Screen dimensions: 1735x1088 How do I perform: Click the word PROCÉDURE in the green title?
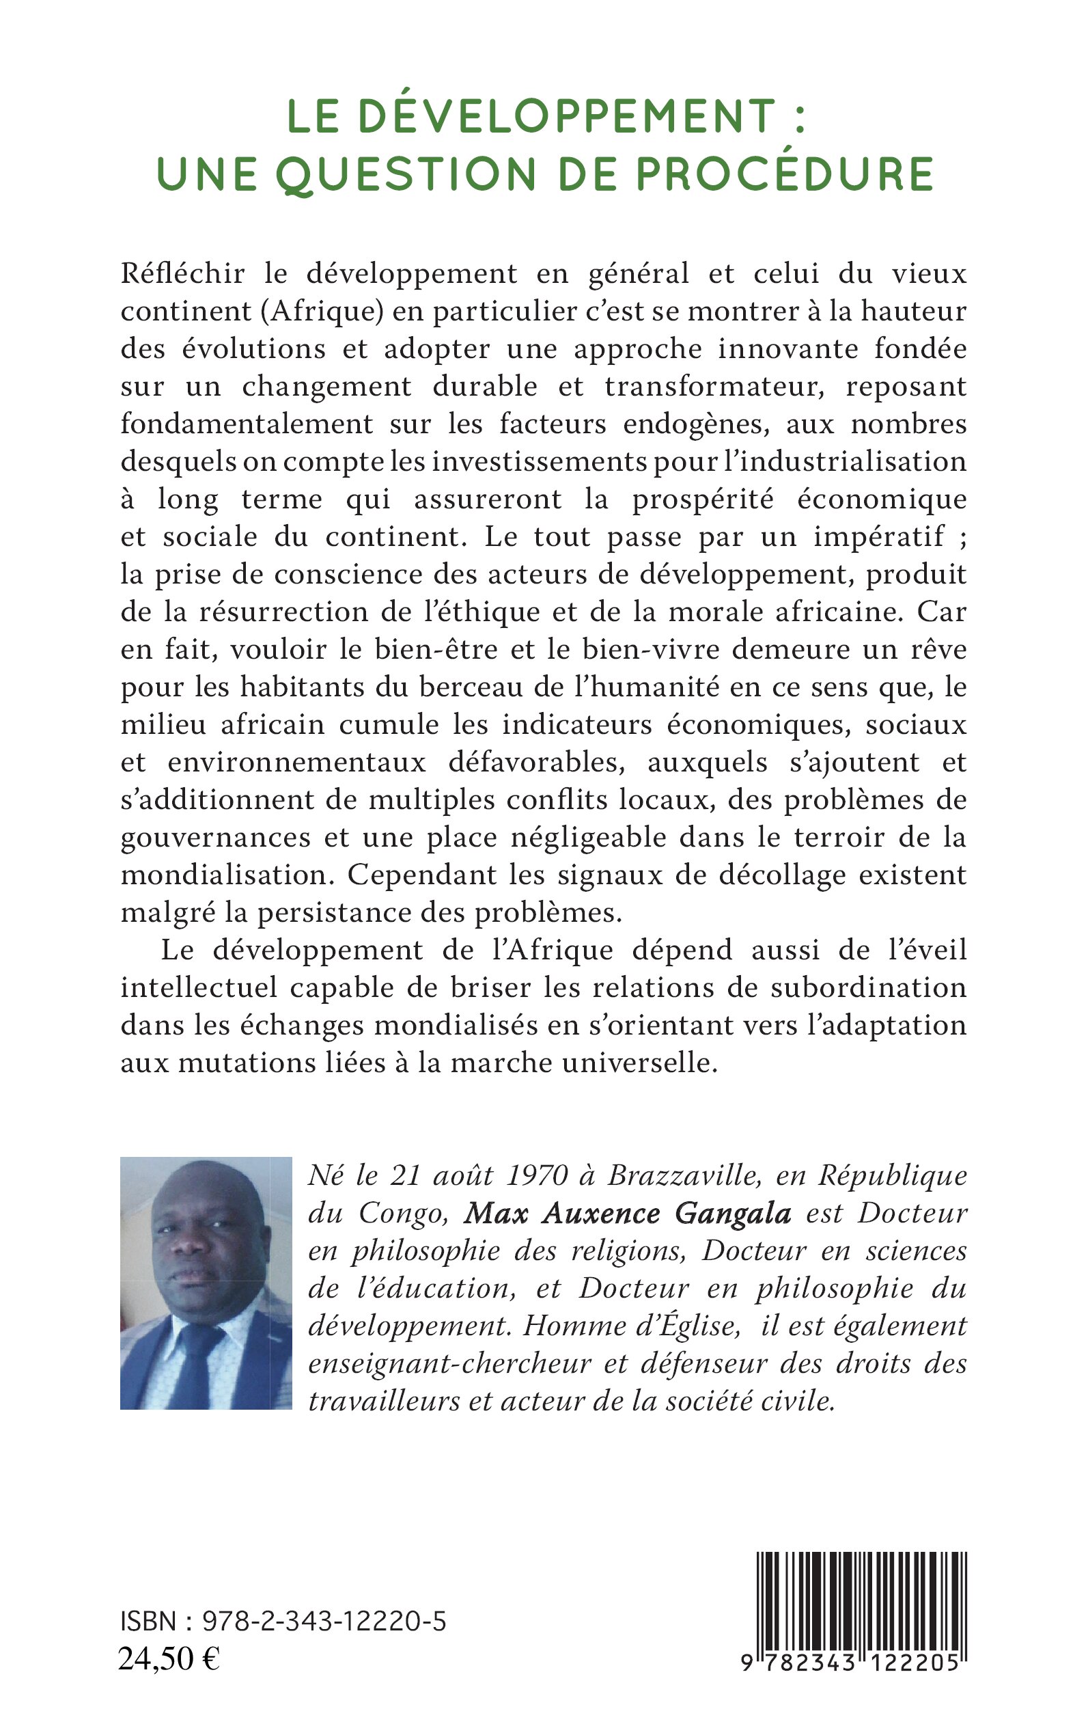click(x=785, y=174)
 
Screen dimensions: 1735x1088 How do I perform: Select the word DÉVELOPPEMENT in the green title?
click(x=567, y=116)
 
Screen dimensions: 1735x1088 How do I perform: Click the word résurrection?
click(x=294, y=611)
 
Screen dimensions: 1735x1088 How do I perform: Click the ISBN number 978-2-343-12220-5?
click(x=324, y=1622)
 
